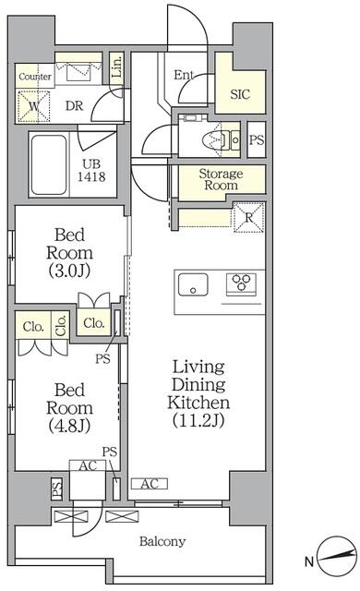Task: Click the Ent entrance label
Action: coord(183,76)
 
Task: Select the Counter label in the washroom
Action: coord(34,77)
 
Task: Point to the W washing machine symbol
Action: coord(34,106)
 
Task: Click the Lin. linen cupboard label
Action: coord(116,66)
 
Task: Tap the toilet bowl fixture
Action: coord(217,140)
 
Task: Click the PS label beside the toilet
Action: coord(256,140)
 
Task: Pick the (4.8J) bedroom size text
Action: coord(69,424)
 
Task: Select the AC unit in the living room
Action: coord(148,483)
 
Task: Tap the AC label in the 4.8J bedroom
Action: coord(89,466)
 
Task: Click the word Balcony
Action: coord(162,542)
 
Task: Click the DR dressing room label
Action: coord(74,106)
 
